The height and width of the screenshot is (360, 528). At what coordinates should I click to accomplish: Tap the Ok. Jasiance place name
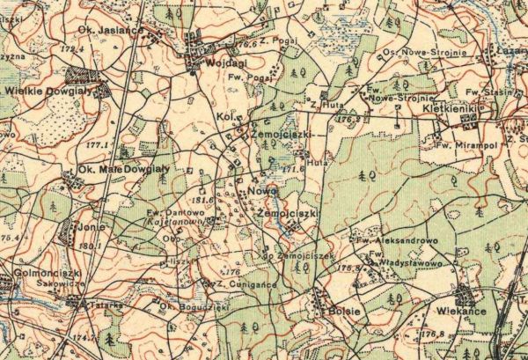coord(111,29)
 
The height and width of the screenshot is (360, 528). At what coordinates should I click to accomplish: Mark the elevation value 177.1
coord(97,143)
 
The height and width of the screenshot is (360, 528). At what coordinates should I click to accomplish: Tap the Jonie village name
coord(92,227)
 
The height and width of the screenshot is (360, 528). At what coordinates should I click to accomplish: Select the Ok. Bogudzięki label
coord(182,306)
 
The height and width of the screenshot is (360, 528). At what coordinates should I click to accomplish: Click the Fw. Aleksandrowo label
coord(398,239)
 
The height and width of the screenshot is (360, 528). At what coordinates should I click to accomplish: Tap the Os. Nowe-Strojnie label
coord(431,52)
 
